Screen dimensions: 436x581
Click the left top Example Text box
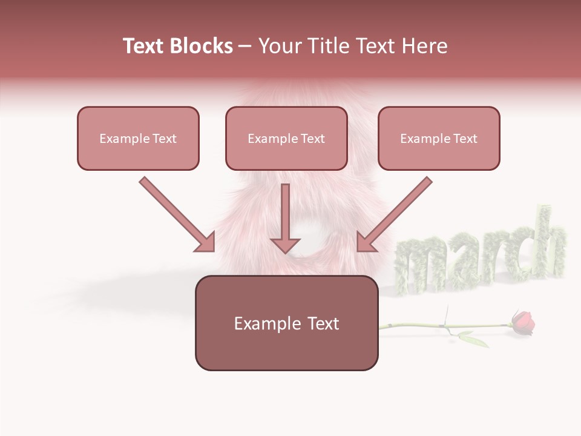[x=138, y=138]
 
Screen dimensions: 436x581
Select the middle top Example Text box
[x=286, y=138]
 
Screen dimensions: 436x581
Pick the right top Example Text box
[x=439, y=138]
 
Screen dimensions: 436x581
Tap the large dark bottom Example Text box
[x=286, y=323]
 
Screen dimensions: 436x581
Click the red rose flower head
[x=523, y=322]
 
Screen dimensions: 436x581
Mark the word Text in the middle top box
[x=313, y=139]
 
